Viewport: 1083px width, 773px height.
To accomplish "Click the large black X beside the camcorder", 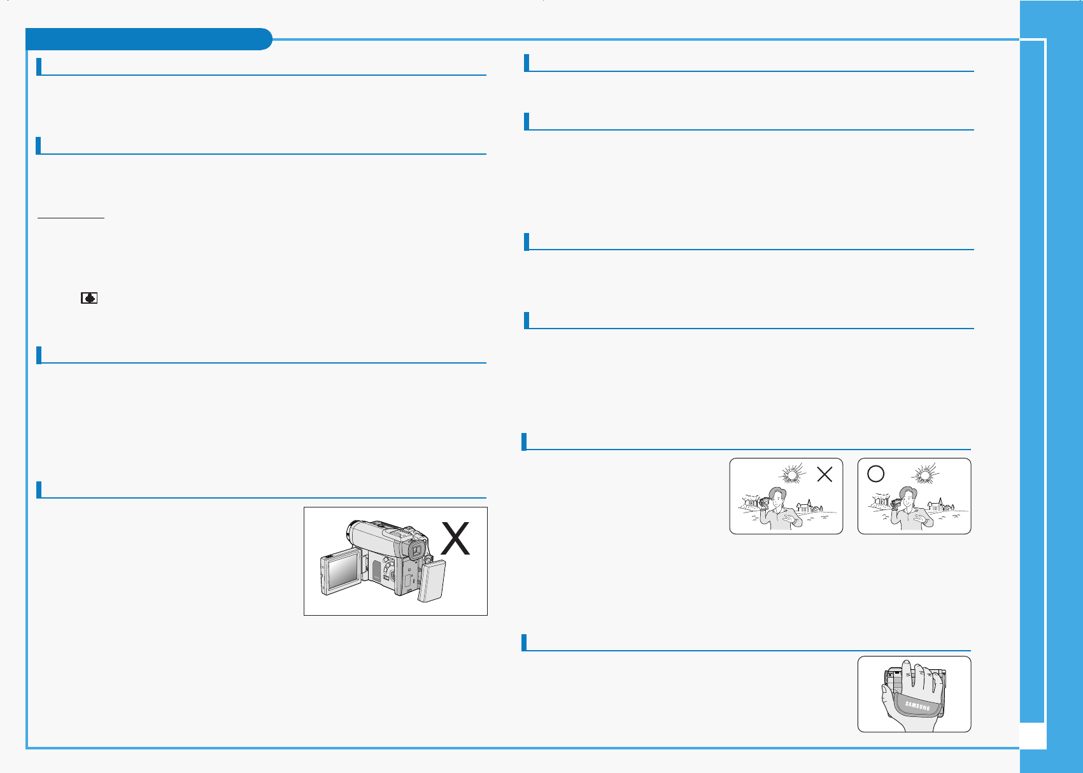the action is [x=456, y=539].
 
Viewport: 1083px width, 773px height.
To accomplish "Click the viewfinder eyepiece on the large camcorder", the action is [x=416, y=550].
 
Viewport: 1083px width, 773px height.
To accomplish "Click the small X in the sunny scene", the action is [x=825, y=474].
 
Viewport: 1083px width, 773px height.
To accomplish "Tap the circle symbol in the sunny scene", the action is [x=876, y=474].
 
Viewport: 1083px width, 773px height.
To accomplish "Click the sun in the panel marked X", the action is [x=791, y=474].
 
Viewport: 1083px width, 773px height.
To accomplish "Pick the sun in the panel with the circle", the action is [x=924, y=475].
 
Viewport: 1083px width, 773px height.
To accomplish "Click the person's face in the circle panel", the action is [x=909, y=499].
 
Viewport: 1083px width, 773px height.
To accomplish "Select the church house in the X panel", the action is [x=805, y=506].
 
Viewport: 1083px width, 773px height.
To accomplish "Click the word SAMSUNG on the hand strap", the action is [x=917, y=706].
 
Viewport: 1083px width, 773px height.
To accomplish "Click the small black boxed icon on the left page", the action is [x=89, y=297].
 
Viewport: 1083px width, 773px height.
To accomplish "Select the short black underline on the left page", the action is [x=71, y=218].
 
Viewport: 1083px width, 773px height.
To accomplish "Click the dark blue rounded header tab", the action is [x=148, y=39].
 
